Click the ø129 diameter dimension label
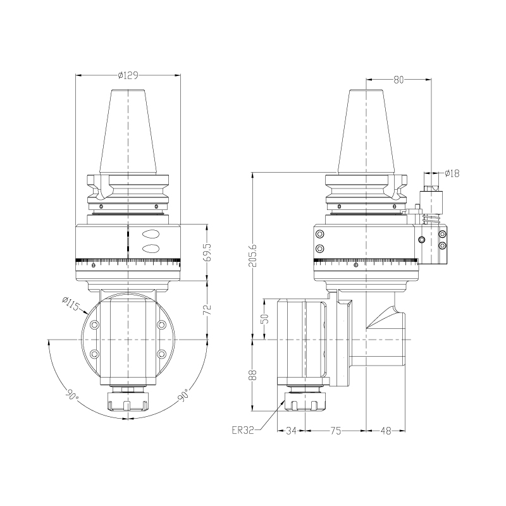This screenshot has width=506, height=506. (x=128, y=76)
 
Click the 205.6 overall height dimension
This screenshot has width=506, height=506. (x=252, y=256)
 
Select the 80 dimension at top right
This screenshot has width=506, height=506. (x=398, y=80)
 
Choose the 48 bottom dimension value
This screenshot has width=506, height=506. (x=386, y=431)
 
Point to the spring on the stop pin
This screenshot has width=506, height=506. (x=432, y=219)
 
